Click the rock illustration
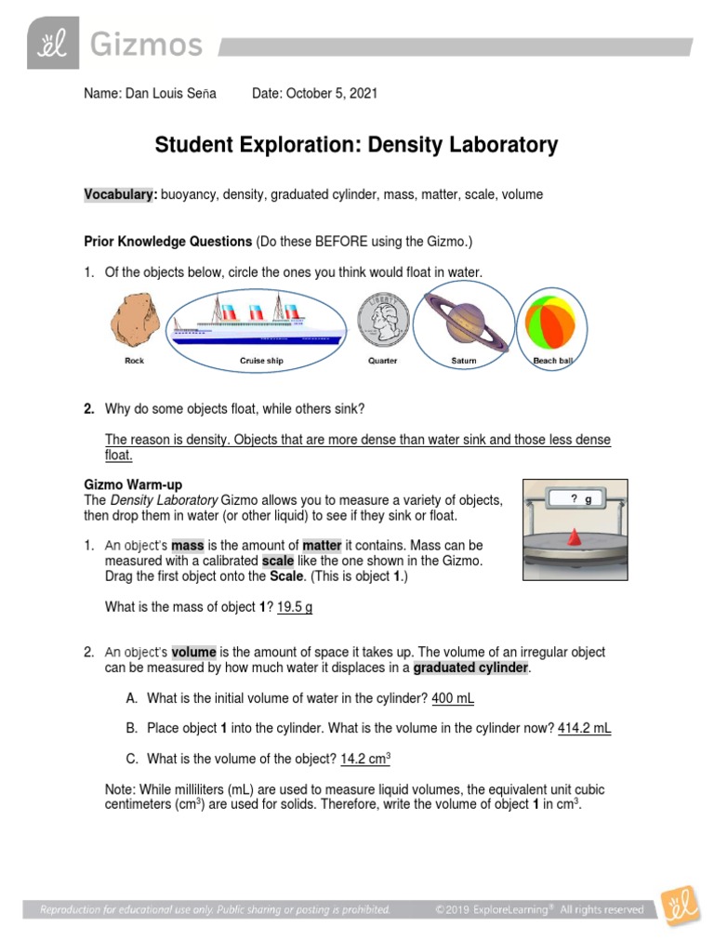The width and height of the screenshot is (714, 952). click(135, 320)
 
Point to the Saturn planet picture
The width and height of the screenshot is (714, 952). click(464, 320)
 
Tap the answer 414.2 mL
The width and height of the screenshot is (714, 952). click(584, 728)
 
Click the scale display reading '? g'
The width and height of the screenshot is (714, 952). click(580, 499)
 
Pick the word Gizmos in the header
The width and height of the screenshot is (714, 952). click(145, 44)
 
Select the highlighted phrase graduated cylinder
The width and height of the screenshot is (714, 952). click(470, 668)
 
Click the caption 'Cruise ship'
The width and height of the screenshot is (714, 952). click(261, 361)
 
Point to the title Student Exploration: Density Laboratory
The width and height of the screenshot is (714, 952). click(356, 145)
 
